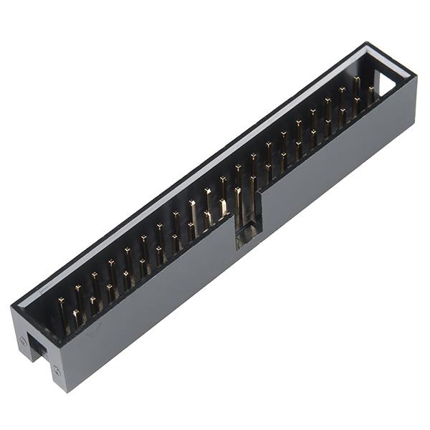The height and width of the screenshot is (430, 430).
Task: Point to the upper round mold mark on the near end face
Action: click(x=23, y=341)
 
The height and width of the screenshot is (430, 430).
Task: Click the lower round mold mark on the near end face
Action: click(x=56, y=370)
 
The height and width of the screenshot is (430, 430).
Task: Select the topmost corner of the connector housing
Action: click(x=370, y=43)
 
